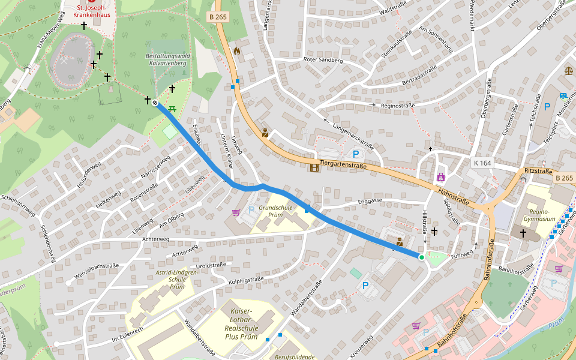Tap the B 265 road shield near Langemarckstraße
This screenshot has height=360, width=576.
tap(218, 17)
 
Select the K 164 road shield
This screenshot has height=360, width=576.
tap(482, 163)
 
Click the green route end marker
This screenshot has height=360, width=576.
tap(421, 257)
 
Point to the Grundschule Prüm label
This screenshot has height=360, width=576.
tap(276, 211)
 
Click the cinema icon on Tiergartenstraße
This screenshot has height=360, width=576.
tap(315, 167)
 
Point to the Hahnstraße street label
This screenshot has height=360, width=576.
tap(453, 193)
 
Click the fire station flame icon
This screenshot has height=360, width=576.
tap(237, 52)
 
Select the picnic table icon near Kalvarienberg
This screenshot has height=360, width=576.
tap(172, 109)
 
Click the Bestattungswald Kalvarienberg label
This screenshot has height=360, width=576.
tap(167, 59)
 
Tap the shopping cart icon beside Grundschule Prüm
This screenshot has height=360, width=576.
tap(236, 212)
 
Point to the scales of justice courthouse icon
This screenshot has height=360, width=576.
tap(568, 70)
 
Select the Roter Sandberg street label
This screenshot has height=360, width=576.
tap(323, 61)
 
